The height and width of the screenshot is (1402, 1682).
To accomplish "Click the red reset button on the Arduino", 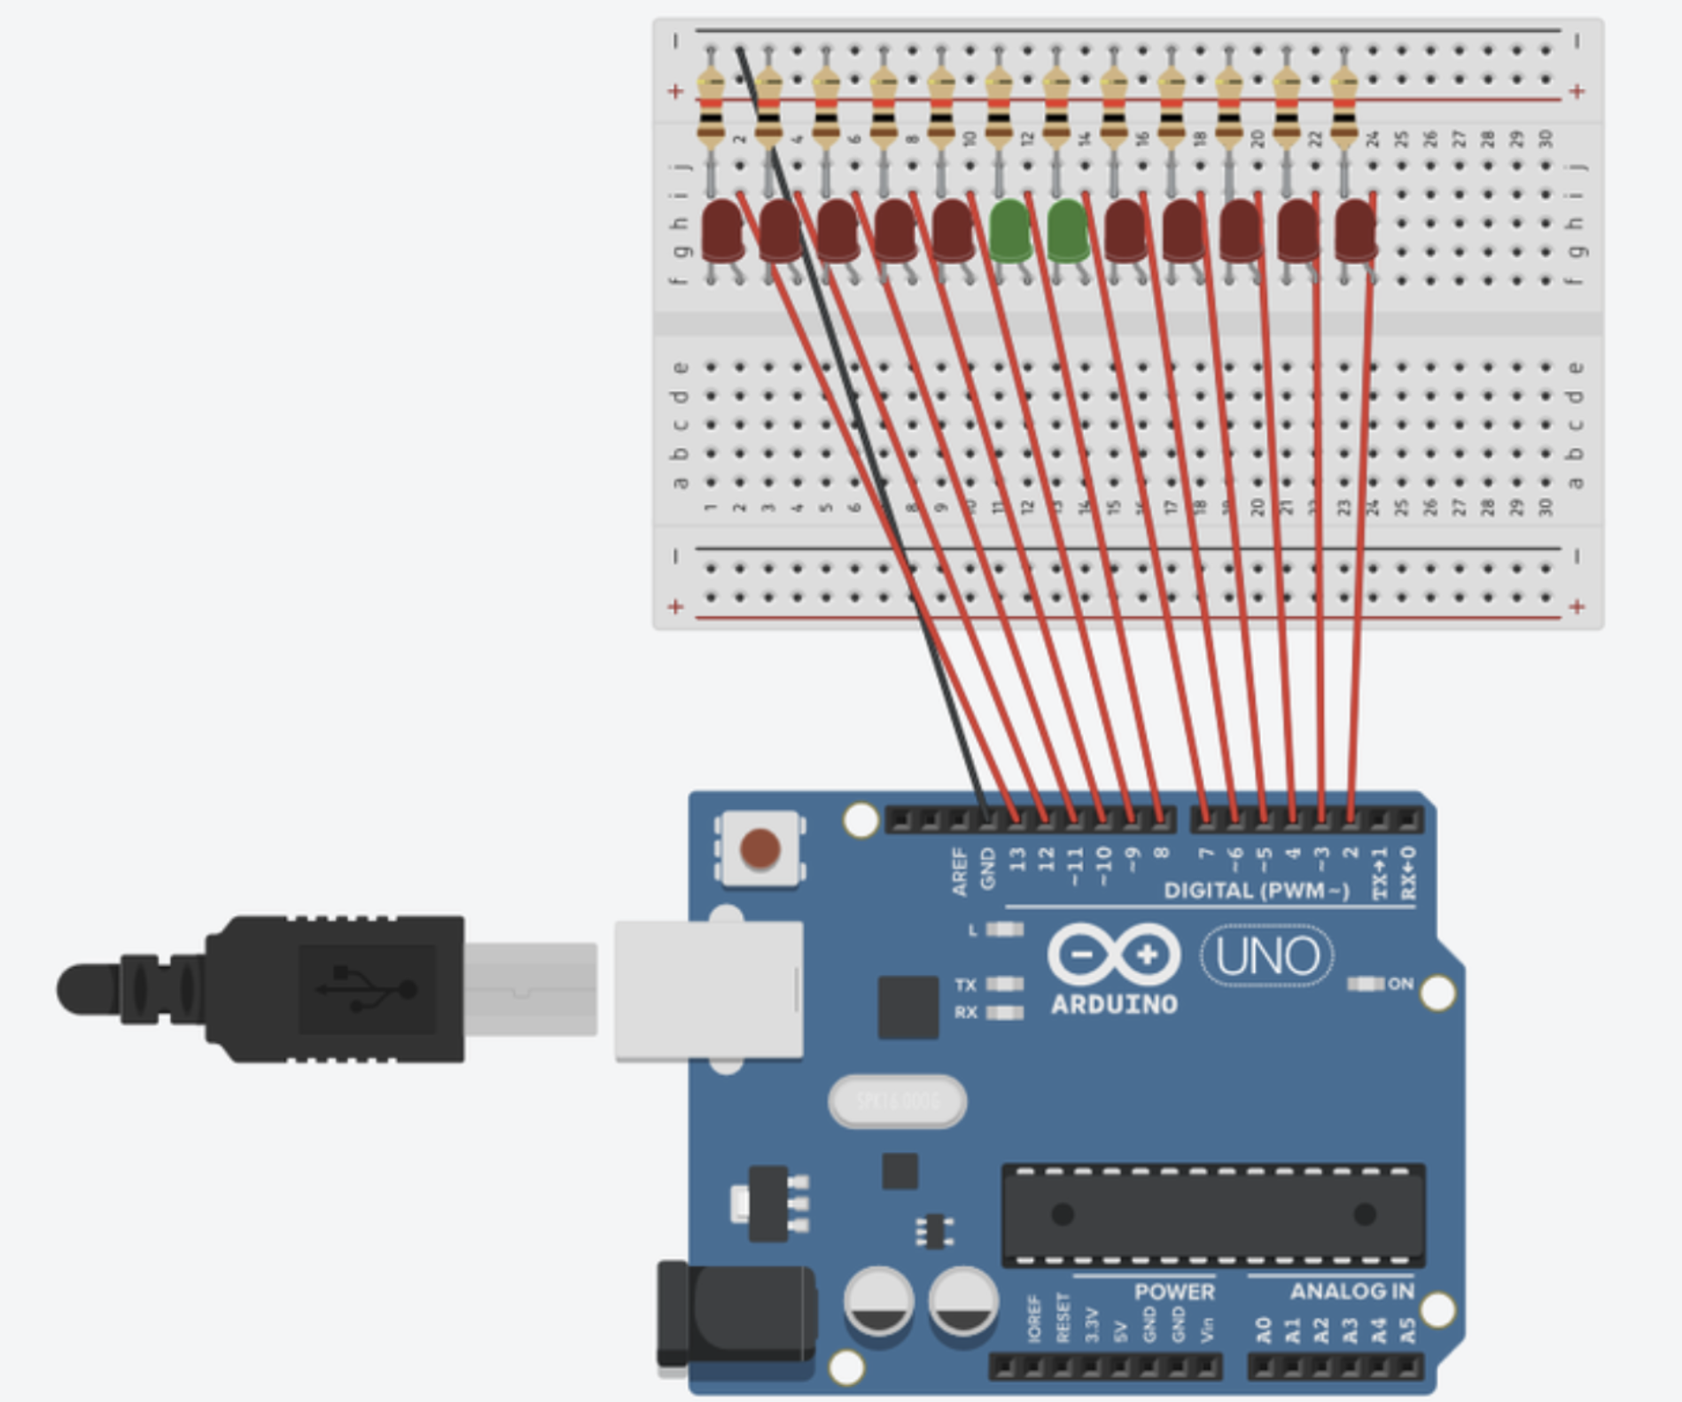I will [759, 848].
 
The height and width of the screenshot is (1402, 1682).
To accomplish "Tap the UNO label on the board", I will [1267, 956].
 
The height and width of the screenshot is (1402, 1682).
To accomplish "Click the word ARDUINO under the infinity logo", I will [1114, 1004].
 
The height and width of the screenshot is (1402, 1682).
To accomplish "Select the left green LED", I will [1009, 230].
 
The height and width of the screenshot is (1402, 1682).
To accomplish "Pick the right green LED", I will [1067, 230].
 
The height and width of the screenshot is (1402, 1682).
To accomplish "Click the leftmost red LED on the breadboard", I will [721, 230].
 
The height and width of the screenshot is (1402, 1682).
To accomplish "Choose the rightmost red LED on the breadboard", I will [1355, 230].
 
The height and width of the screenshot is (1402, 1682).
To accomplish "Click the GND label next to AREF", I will [988, 868].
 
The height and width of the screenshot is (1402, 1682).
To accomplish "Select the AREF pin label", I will [960, 871].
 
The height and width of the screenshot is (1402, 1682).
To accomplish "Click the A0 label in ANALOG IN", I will [1265, 1329].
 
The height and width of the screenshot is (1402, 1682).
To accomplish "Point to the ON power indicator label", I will [1400, 984].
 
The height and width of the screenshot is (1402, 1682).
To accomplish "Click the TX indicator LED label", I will [966, 985].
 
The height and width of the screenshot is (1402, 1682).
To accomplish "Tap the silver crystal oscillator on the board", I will [897, 1101].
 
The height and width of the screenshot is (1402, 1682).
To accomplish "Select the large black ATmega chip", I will [1213, 1214].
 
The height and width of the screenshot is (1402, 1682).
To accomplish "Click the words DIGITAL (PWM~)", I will [1256, 891].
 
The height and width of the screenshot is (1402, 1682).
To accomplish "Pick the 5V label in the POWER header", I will [1121, 1330].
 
